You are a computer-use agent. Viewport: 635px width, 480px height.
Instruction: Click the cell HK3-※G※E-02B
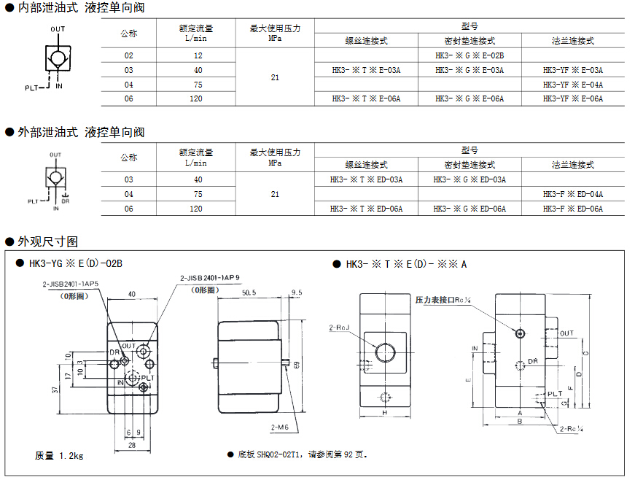coord(469,55)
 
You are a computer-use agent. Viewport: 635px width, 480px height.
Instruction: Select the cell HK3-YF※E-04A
coord(572,85)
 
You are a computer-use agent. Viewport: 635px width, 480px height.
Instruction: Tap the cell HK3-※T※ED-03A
coord(366,179)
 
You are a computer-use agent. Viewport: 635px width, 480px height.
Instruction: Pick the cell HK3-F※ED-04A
coord(572,194)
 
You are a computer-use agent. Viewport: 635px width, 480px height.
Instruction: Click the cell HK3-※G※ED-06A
coord(469,209)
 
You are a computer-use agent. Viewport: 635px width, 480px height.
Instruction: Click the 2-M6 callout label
coord(278,426)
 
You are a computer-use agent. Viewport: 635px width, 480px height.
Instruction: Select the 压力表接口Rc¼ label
coord(443,299)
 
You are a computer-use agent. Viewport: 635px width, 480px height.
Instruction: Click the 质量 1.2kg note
coord(59,455)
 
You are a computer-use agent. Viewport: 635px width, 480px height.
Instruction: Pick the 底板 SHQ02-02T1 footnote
coord(300,454)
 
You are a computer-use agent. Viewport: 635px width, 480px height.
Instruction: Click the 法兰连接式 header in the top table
coord(572,42)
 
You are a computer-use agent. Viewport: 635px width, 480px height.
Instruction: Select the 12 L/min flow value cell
coord(198,55)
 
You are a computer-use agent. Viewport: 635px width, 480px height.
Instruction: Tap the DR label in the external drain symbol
coord(65,201)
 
